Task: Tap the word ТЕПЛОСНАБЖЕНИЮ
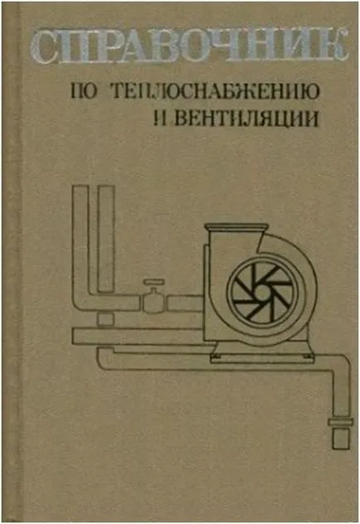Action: coord(216,91)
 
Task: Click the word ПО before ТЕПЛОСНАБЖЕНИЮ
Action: coord(84,91)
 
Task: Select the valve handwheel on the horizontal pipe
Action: coord(153,282)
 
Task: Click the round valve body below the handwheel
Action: coord(153,303)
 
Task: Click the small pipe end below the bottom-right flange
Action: coord(341,438)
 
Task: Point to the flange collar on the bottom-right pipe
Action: coord(340,422)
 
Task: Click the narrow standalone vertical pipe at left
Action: coord(106,239)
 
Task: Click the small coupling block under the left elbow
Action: coord(105,319)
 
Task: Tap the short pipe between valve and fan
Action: coord(185,303)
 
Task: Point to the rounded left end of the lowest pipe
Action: coord(100,357)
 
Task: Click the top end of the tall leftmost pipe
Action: coord(80,187)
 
